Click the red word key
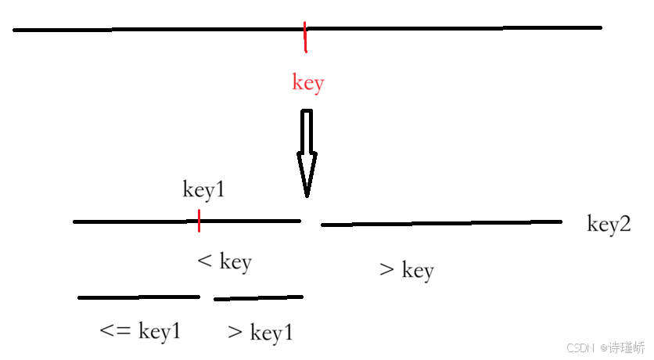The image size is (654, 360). click(x=307, y=82)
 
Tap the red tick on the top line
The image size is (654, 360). click(x=305, y=36)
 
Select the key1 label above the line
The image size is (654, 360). click(x=203, y=190)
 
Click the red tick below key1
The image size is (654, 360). click(x=199, y=221)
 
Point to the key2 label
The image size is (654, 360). click(x=609, y=225)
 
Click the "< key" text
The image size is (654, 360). click(x=225, y=261)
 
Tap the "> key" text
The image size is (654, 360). click(x=406, y=271)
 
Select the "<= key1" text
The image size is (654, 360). click(x=141, y=331)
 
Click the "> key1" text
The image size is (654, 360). click(x=261, y=333)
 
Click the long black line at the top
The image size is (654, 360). click(x=156, y=30)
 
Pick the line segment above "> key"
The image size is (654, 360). click(x=441, y=224)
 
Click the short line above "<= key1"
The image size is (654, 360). click(x=138, y=297)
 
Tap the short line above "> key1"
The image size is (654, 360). click(x=258, y=297)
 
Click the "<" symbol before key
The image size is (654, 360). click(x=205, y=261)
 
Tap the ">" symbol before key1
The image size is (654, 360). click(x=235, y=333)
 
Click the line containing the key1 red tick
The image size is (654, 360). click(x=133, y=221)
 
